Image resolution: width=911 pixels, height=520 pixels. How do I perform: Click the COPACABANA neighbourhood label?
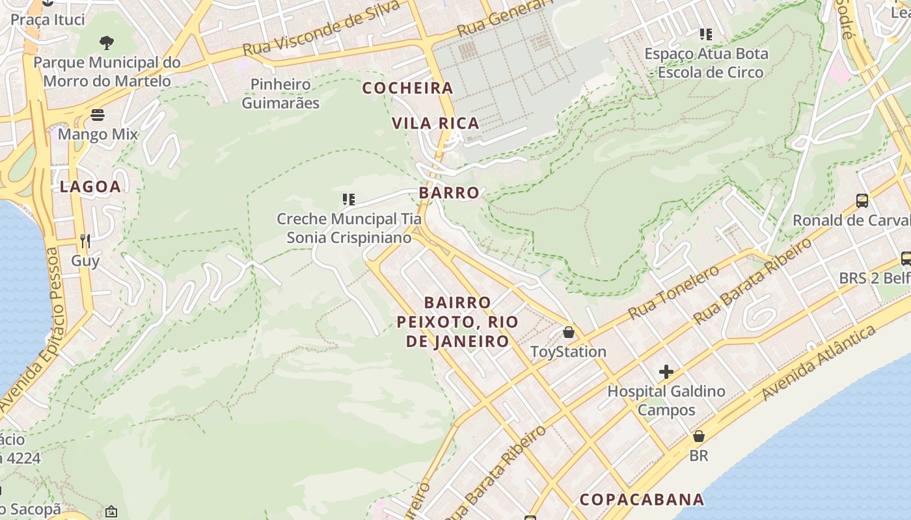642,499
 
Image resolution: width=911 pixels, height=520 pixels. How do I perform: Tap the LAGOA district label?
90,187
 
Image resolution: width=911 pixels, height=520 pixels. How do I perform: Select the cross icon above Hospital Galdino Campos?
666,372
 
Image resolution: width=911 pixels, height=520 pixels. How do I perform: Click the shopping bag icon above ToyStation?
569,332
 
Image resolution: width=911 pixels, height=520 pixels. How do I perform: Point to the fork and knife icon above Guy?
85,242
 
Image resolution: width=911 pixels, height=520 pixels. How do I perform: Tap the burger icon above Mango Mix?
98,115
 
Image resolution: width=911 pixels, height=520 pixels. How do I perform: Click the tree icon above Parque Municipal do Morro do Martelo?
107,43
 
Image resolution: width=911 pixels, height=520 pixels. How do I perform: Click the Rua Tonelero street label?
673,292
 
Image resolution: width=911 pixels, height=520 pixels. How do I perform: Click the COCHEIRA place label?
407,88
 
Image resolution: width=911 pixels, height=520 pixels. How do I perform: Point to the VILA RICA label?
435,123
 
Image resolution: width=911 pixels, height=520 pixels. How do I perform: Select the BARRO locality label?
449,193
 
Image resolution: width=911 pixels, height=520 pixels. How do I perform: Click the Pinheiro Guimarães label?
280,94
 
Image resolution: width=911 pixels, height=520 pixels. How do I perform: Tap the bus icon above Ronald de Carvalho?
862,201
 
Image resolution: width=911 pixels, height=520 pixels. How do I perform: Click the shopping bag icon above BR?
699,436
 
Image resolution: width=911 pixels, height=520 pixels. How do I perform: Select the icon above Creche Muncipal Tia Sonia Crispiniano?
349,200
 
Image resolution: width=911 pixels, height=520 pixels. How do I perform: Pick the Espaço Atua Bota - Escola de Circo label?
706,63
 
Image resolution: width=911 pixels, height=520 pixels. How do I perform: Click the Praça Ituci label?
48,19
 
